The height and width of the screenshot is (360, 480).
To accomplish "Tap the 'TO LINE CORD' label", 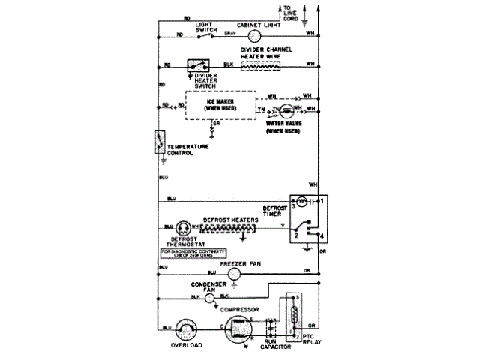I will (x=291, y=13).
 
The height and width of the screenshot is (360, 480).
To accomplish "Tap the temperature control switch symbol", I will (x=159, y=142).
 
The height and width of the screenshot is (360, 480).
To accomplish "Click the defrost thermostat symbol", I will (x=183, y=228).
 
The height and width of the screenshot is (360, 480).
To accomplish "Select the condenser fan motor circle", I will (x=210, y=297).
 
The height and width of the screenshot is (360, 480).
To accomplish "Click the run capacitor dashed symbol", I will (x=273, y=328).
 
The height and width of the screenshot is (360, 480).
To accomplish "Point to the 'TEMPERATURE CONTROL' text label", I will (x=188, y=149).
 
